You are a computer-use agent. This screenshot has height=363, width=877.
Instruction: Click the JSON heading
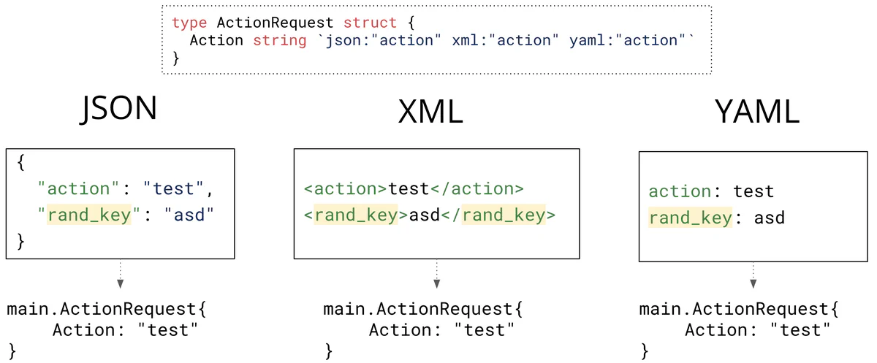[x=119, y=108]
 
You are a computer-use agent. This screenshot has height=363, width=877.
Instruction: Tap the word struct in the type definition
[x=371, y=23]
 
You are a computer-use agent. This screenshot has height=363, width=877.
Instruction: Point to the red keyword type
[x=190, y=23]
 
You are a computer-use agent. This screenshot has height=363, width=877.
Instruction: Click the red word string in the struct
[x=280, y=41]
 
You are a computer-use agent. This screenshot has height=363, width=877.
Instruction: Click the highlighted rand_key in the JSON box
[x=88, y=215]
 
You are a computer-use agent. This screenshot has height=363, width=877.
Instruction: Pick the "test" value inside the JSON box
[x=174, y=189]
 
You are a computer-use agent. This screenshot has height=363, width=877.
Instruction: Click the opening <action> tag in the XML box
[x=346, y=189]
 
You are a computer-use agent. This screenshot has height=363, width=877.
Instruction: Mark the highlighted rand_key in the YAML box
[x=690, y=218]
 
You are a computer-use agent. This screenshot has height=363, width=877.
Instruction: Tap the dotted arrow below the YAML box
[x=753, y=275]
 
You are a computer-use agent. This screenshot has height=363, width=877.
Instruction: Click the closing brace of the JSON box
[x=20, y=240]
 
